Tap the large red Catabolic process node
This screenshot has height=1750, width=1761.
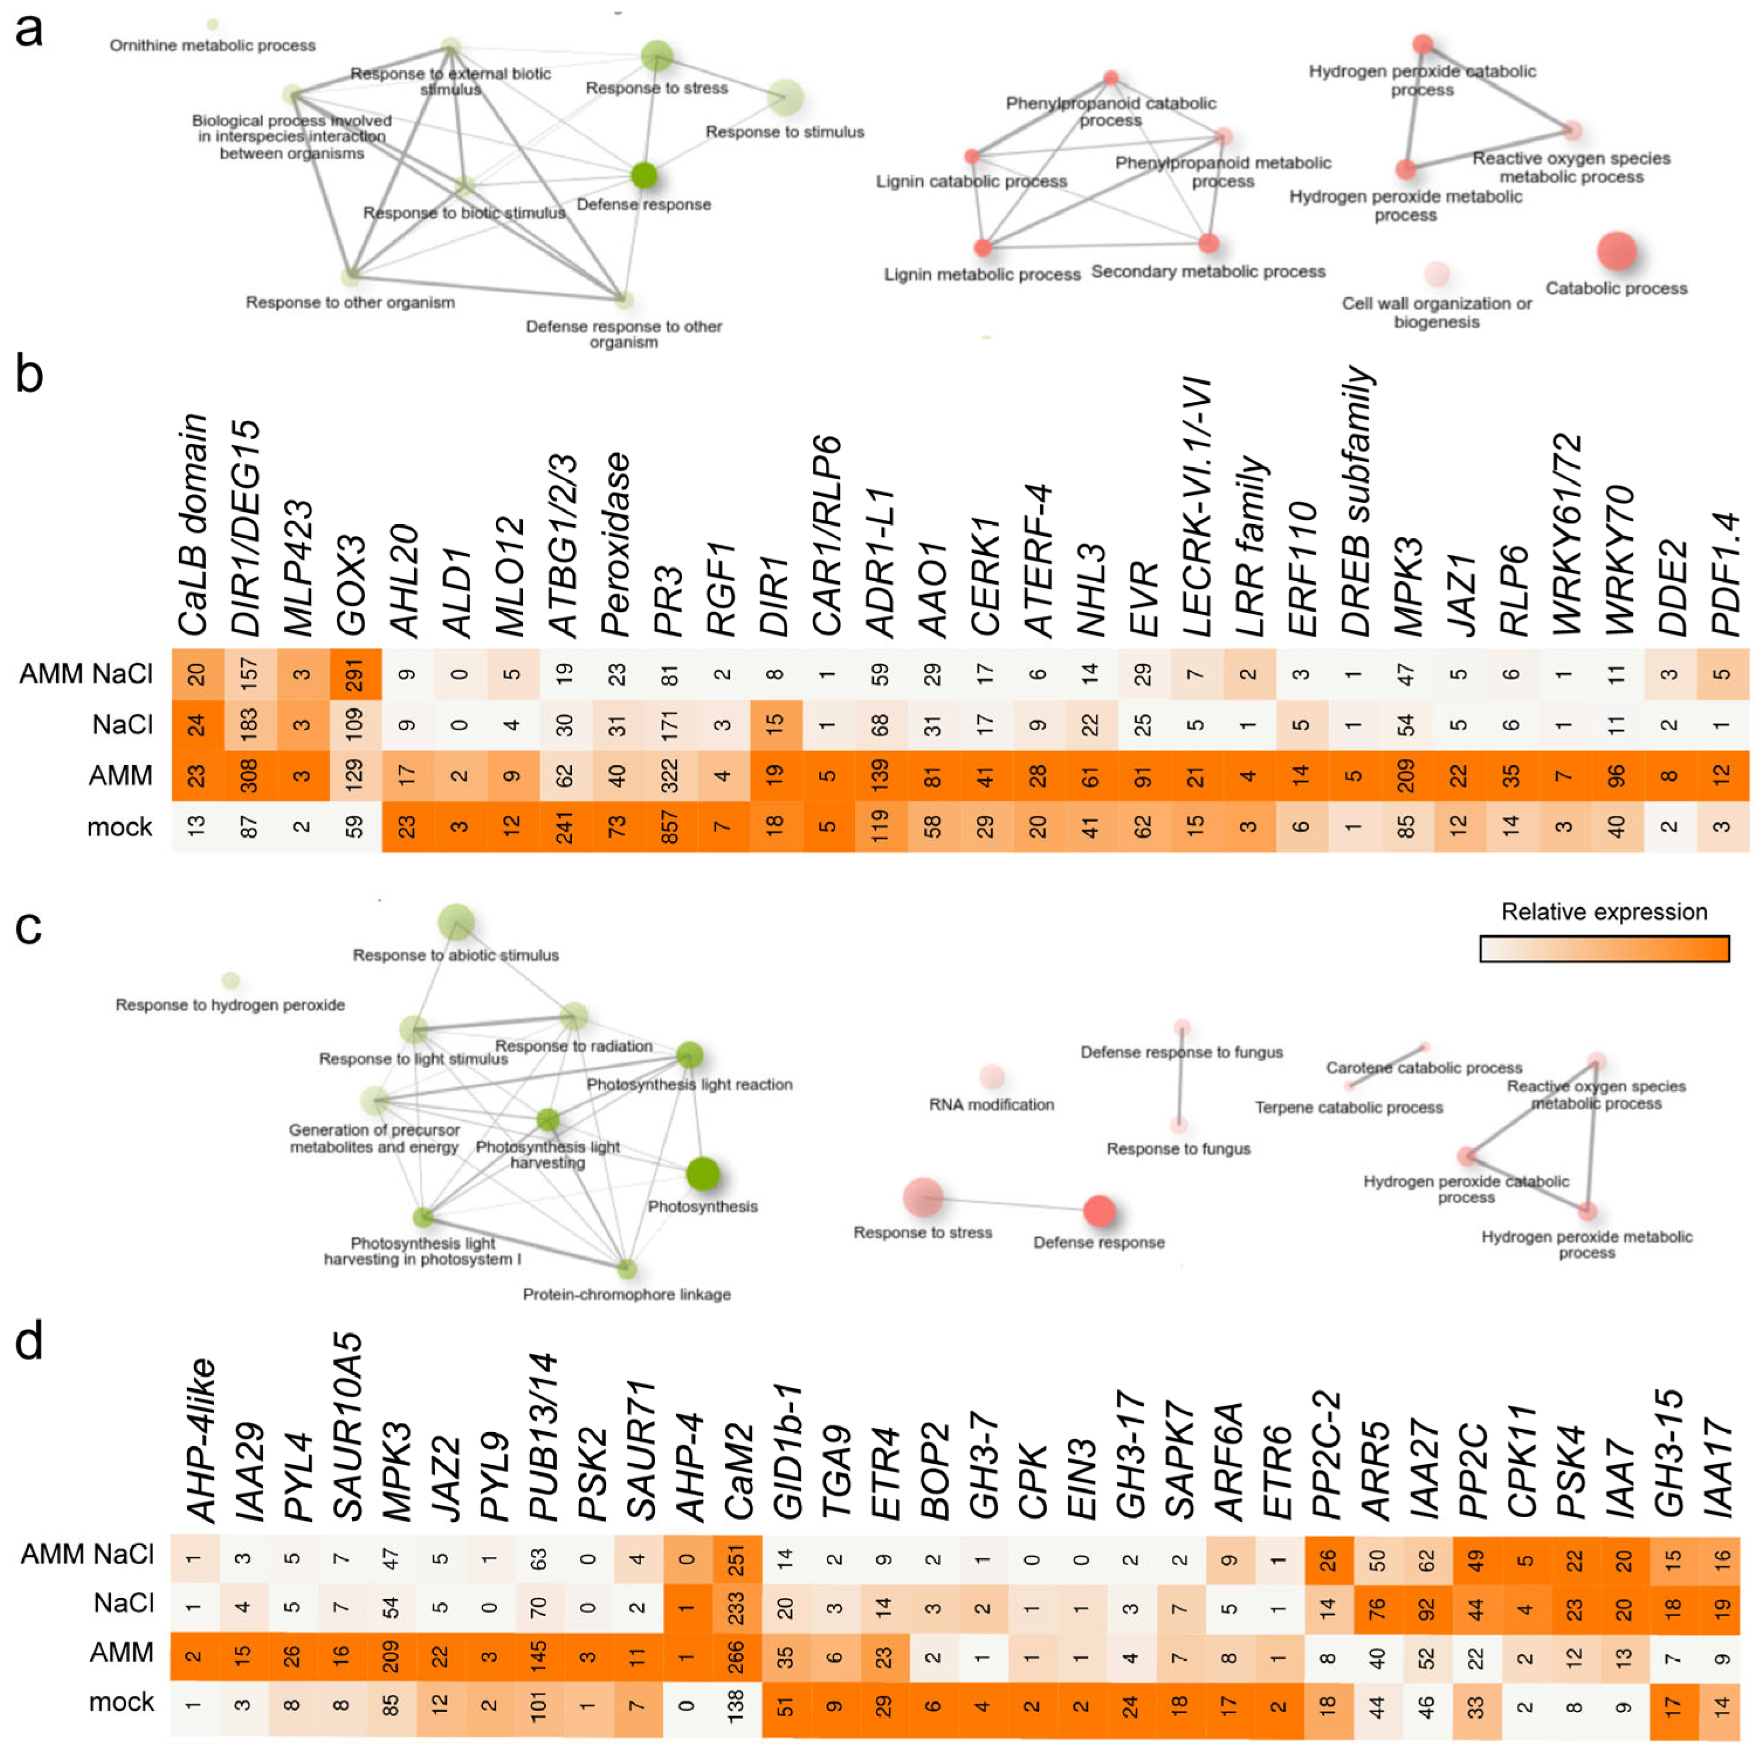(x=1616, y=251)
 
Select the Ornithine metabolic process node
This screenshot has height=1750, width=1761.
(x=212, y=25)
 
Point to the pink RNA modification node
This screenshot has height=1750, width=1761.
(x=992, y=1076)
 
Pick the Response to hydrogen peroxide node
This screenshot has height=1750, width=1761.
(x=230, y=981)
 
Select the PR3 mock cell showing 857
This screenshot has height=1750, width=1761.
(x=670, y=826)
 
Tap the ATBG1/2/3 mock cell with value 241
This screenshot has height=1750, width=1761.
(x=564, y=826)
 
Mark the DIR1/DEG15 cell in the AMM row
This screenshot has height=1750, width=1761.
(x=249, y=776)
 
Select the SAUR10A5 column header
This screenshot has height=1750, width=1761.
(x=347, y=1427)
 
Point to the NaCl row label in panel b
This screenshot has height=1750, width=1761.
(x=122, y=725)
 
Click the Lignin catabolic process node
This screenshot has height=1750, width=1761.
(x=973, y=157)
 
